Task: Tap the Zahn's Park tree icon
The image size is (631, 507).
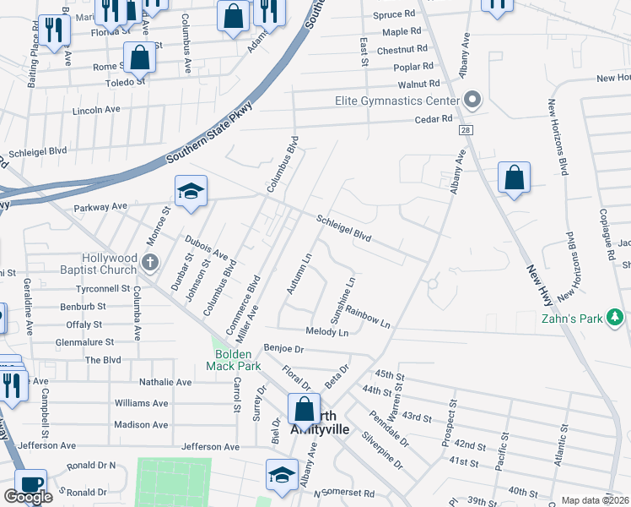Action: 617,318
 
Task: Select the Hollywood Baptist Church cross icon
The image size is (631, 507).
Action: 149,262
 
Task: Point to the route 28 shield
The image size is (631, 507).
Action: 465,131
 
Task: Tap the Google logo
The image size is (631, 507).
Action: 28,497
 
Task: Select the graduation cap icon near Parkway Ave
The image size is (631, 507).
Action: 191,191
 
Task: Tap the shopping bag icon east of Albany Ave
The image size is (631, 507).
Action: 513,178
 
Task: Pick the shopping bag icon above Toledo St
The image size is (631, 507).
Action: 140,57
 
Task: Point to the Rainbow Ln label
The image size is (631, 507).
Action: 367,318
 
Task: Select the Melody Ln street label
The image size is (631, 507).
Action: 327,333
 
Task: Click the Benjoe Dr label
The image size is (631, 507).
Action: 283,347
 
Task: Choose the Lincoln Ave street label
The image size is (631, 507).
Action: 97,110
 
